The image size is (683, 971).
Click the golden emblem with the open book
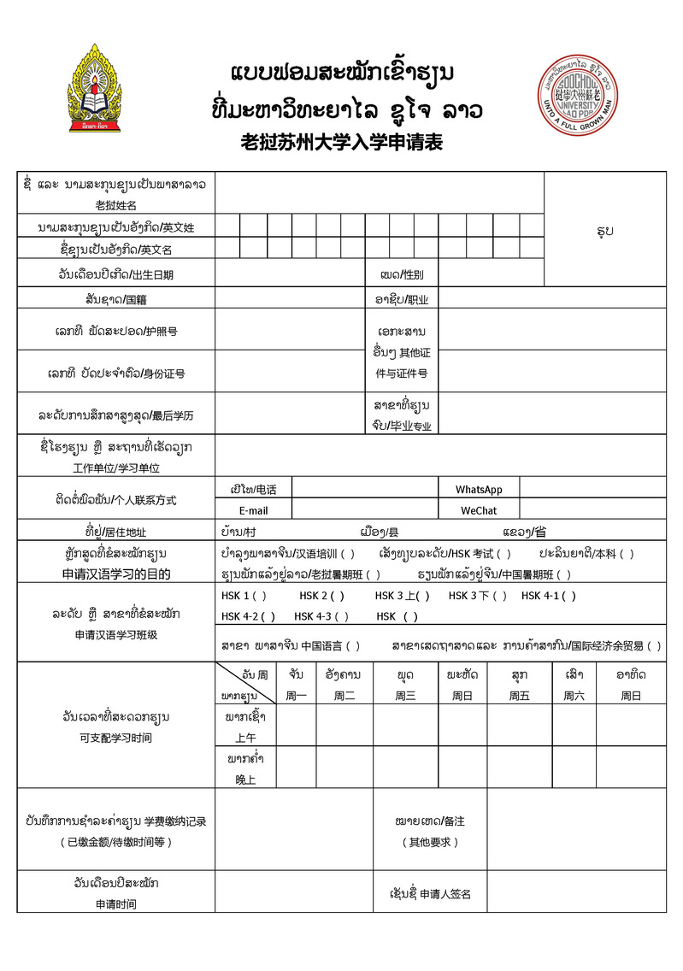pyautogui.click(x=95, y=90)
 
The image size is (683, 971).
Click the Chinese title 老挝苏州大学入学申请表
pyautogui.click(x=342, y=142)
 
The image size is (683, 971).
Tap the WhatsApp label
pyautogui.click(x=479, y=490)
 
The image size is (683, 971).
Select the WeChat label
pyautogui.click(x=479, y=510)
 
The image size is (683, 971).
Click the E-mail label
pyautogui.click(x=253, y=510)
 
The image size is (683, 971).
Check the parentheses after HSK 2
pyautogui.click(x=337, y=596)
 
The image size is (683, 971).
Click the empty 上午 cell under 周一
pyautogui.click(x=296, y=726)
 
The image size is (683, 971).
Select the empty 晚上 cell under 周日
pyautogui.click(x=631, y=768)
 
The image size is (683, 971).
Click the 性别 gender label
pyautogui.click(x=401, y=275)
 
